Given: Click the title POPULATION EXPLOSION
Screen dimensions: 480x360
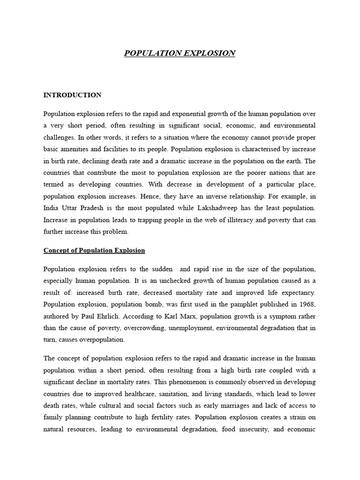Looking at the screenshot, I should (x=180, y=53).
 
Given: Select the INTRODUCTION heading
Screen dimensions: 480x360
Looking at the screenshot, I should (x=72, y=95).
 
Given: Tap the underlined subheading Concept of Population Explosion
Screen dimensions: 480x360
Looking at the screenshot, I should (x=94, y=250).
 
